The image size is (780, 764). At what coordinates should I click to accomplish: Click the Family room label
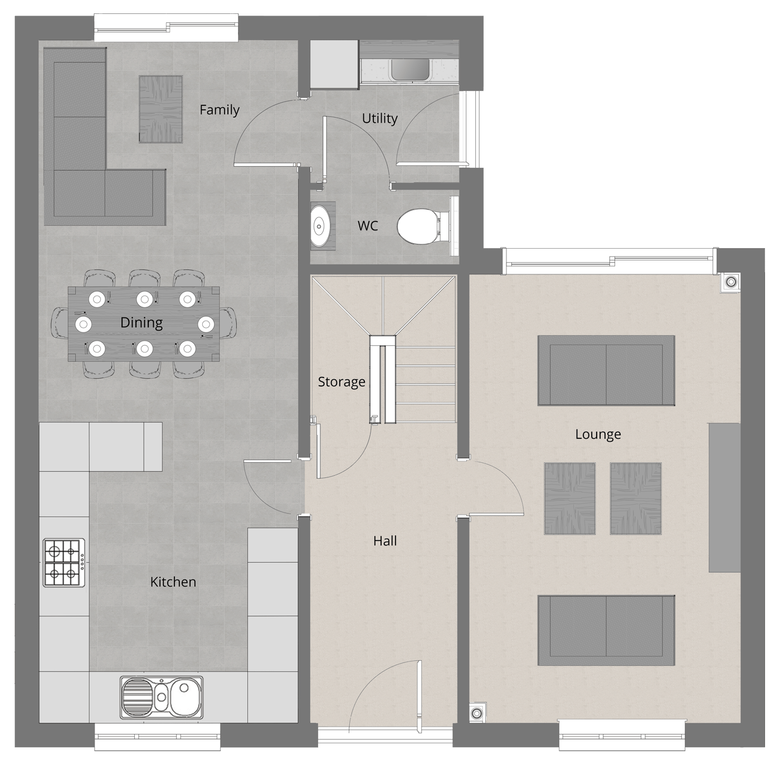point(220,109)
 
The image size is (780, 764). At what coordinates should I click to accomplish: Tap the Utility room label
point(379,118)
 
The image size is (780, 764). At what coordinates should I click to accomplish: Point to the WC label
point(368,226)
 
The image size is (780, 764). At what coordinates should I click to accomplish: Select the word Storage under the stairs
point(342,382)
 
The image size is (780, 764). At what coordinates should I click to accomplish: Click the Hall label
point(385,541)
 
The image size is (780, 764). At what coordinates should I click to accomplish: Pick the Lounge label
point(598,434)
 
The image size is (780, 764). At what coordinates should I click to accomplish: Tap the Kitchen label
point(173,582)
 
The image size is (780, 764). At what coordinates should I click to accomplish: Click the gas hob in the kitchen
point(64,563)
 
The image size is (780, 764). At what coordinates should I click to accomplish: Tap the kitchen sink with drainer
point(161,698)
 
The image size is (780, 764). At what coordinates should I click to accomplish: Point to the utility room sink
point(409,70)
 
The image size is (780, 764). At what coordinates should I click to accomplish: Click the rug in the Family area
point(160,109)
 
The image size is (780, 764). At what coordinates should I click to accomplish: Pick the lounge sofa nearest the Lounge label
point(606,370)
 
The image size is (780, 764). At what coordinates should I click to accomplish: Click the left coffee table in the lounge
point(569,499)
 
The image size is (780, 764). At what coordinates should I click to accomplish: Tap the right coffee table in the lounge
point(635,499)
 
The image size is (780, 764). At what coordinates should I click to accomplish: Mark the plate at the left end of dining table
point(84,324)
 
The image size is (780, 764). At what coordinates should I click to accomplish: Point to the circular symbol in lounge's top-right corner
point(731,282)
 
